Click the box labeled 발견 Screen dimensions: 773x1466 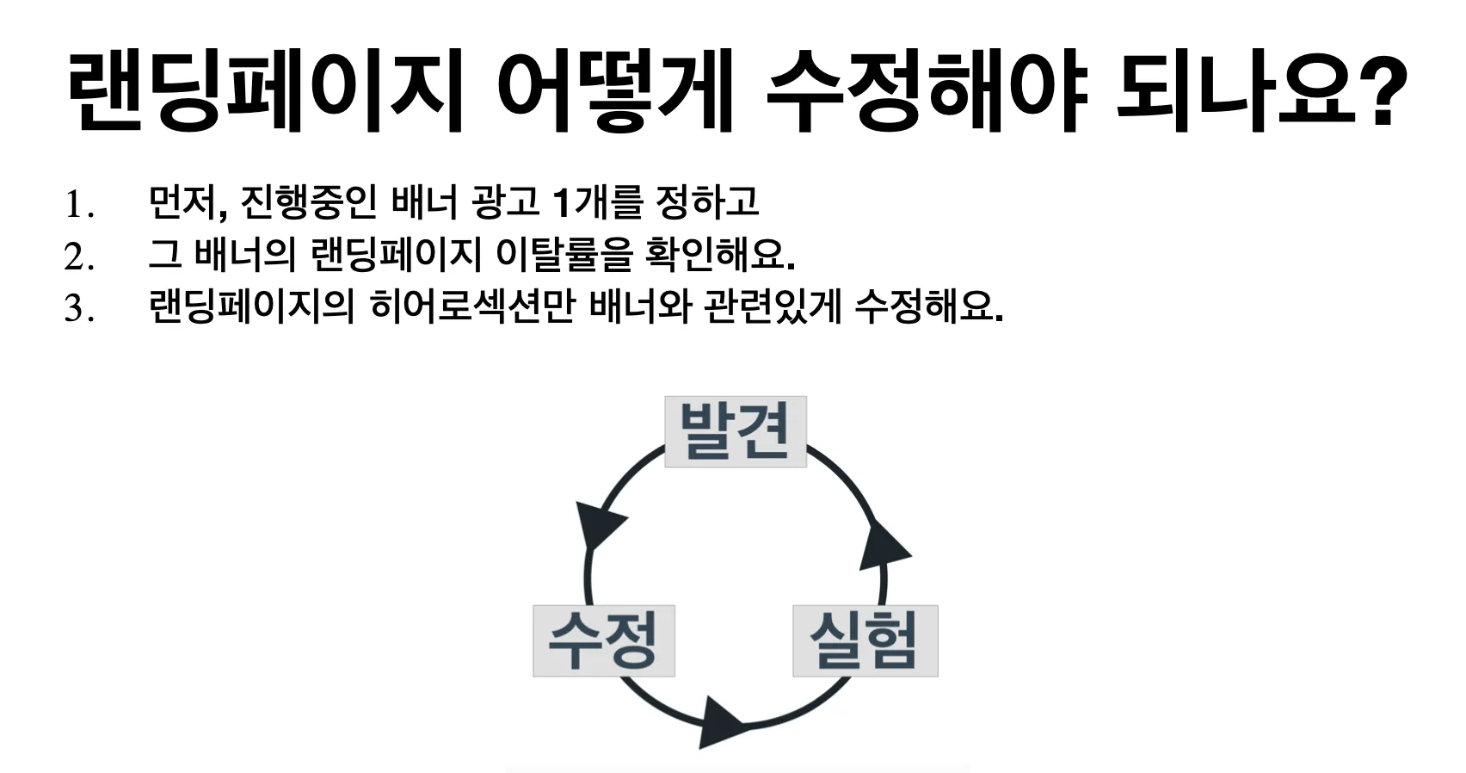point(736,431)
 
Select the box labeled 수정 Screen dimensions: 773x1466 point(603,640)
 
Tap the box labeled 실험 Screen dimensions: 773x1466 point(865,640)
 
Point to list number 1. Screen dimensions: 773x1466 point(78,205)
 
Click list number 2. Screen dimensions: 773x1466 point(78,257)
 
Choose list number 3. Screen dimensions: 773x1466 point(78,309)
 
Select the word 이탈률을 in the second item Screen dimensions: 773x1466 point(564,254)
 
